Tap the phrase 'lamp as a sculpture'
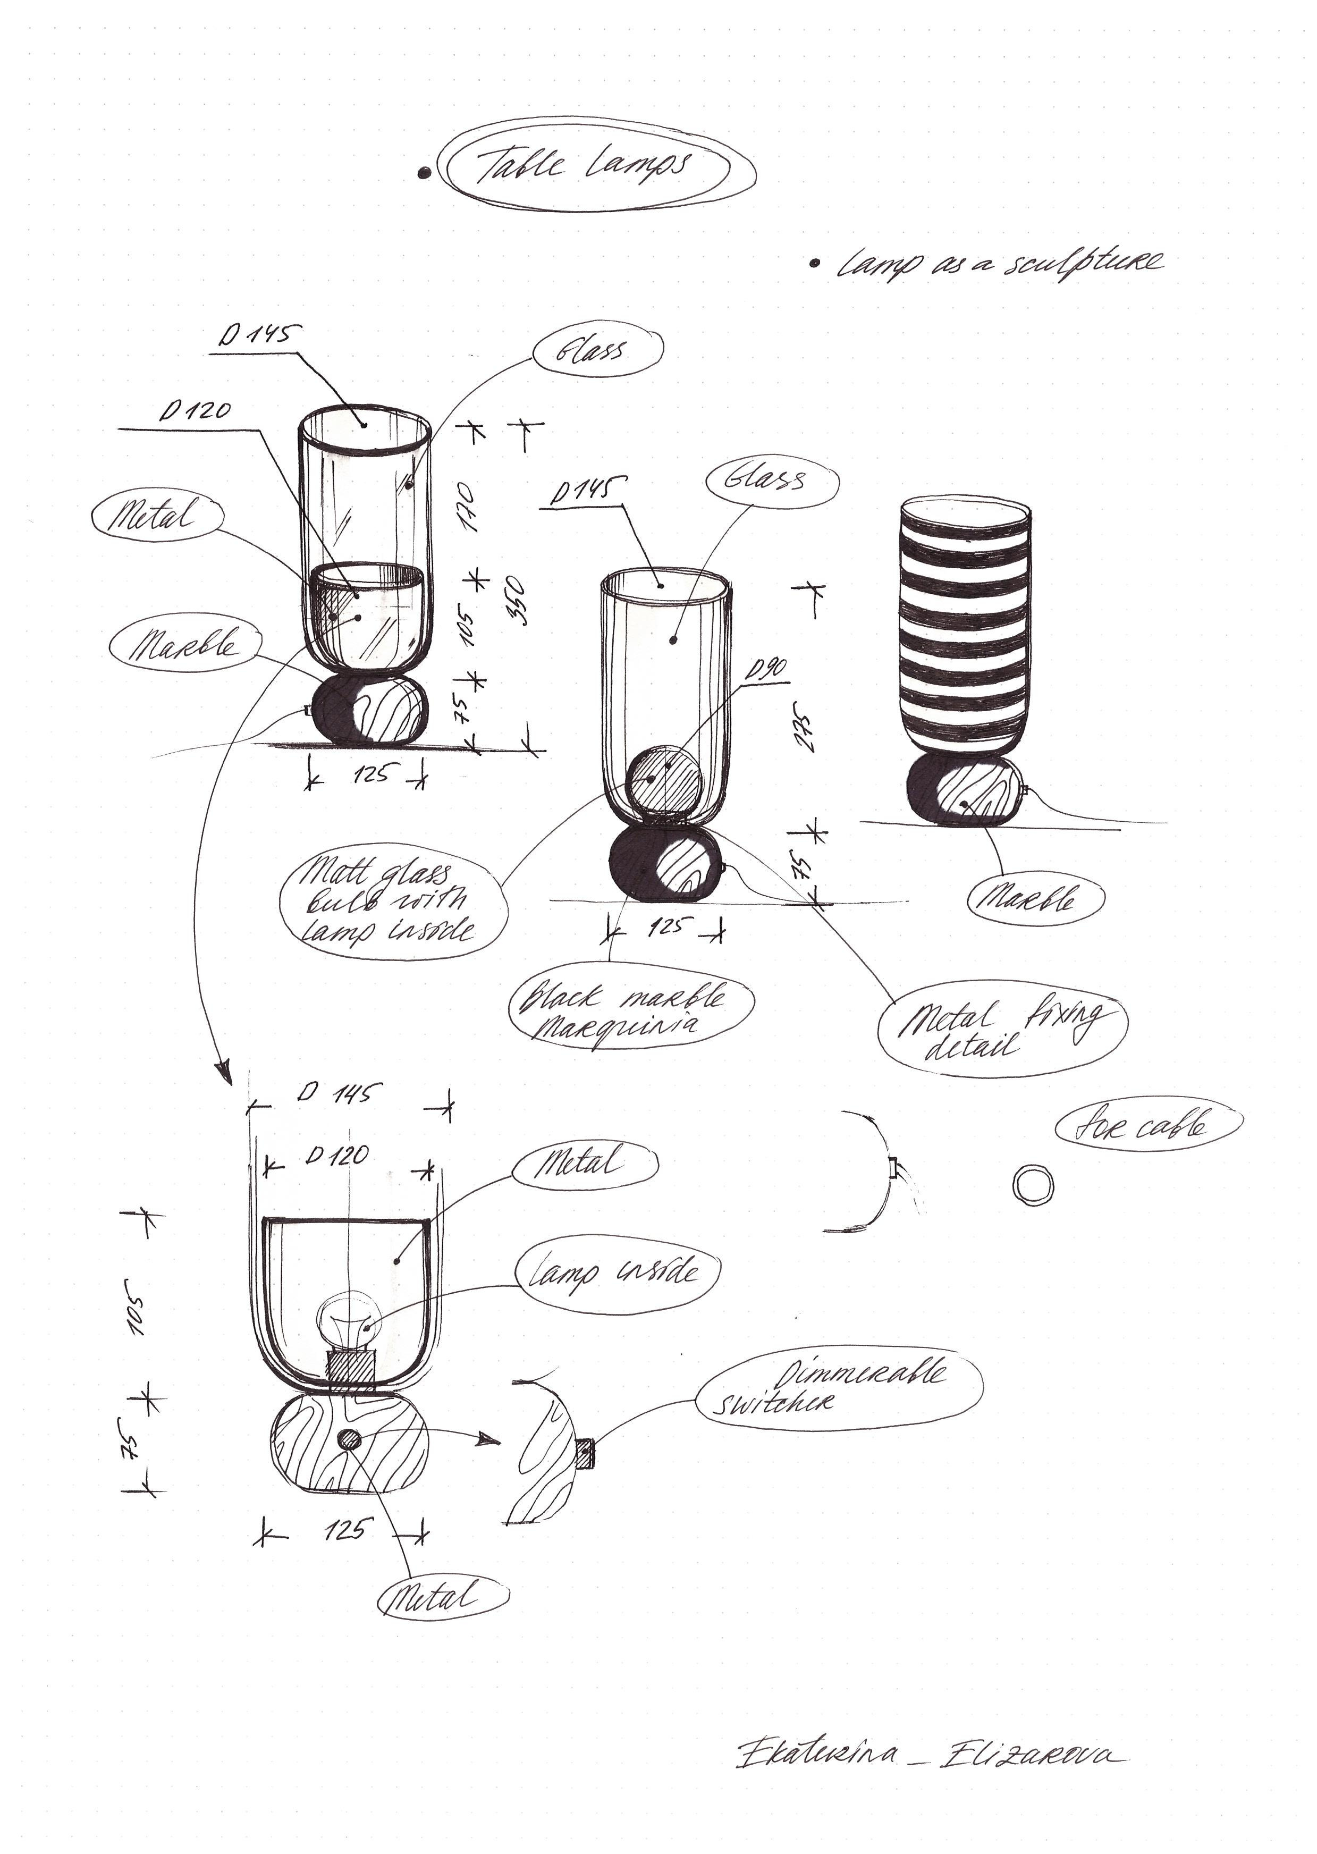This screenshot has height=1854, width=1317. coord(1001,262)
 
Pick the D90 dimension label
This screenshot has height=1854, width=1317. coord(765,670)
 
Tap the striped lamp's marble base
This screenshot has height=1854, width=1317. coord(965,791)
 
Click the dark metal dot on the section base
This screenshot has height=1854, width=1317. coord(350,1439)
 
